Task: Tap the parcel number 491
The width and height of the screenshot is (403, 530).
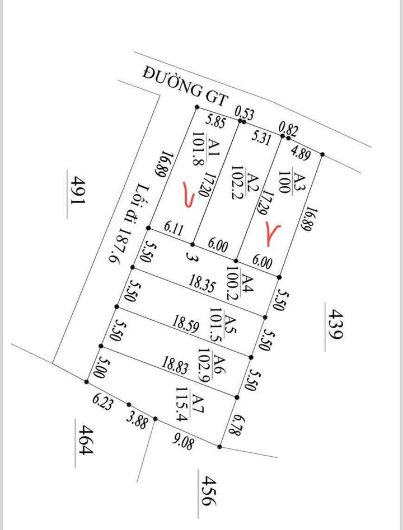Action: tap(77, 196)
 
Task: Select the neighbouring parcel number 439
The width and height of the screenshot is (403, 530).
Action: tap(333, 324)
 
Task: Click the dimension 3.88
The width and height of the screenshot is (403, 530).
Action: tap(138, 419)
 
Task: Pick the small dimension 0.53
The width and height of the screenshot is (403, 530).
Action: tap(245, 114)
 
